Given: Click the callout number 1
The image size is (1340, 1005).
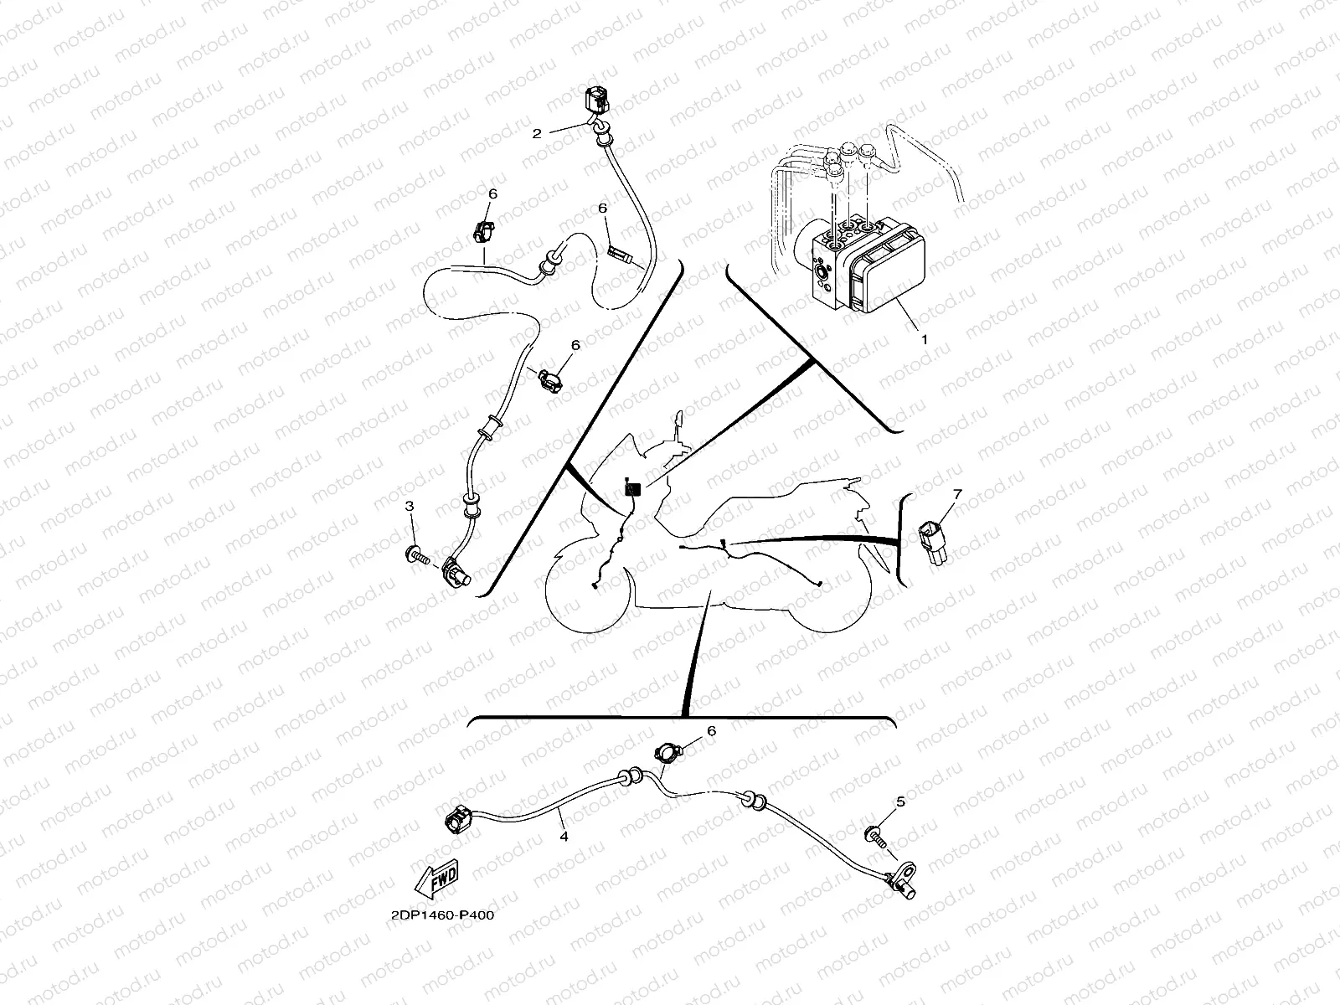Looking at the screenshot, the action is coord(925,339).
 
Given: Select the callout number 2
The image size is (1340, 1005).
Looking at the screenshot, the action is coord(537,134).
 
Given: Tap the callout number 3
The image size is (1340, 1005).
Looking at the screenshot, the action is coord(410,506).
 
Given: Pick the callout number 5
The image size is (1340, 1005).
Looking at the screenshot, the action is coord(900,801).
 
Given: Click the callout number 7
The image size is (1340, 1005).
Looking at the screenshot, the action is coord(957,493).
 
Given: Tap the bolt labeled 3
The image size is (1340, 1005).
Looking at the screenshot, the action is coord(418,556).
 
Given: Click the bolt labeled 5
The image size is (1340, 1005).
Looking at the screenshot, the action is coord(876,837).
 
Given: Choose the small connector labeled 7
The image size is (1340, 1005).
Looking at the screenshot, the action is coord(931,543).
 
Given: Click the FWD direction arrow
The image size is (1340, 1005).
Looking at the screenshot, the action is coord(435,879).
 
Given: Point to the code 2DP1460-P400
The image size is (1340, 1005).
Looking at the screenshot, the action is coord(442,915).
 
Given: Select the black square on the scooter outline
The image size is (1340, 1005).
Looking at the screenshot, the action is coord(632,489).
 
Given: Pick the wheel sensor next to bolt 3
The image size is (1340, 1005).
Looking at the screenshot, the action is coord(454,570).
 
